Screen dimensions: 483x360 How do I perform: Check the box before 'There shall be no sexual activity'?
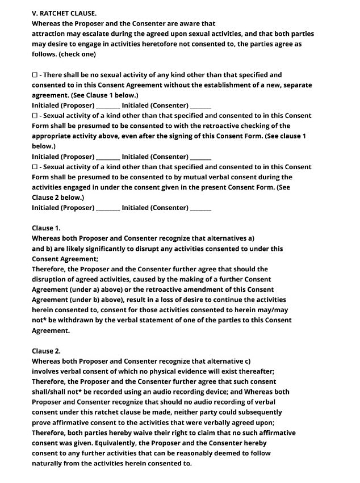[x=35, y=75]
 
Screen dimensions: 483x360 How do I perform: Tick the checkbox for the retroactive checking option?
[x=35, y=116]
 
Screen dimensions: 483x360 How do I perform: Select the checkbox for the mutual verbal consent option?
[x=35, y=167]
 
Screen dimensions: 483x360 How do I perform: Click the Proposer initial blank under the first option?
[x=108, y=106]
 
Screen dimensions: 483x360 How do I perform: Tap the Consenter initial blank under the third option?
[x=200, y=208]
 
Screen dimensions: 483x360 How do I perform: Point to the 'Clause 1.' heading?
[x=46, y=228]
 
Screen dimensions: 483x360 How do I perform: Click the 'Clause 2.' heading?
[x=46, y=351]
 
